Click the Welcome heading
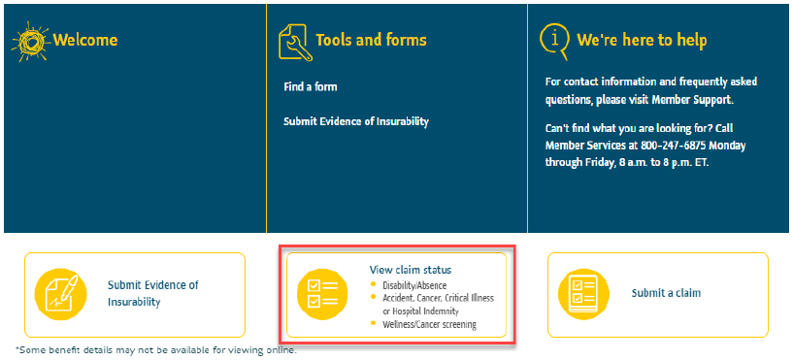click(x=85, y=40)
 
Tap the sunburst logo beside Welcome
click(x=30, y=42)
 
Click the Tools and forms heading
click(x=371, y=40)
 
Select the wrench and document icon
click(x=295, y=42)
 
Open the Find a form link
click(x=310, y=87)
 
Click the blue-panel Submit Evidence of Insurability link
click(x=355, y=121)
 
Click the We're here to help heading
click(x=642, y=40)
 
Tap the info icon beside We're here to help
click(x=554, y=39)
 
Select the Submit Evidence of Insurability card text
click(x=152, y=293)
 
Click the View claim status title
click(x=411, y=269)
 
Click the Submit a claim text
click(x=666, y=292)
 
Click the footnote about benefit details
click(x=154, y=349)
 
